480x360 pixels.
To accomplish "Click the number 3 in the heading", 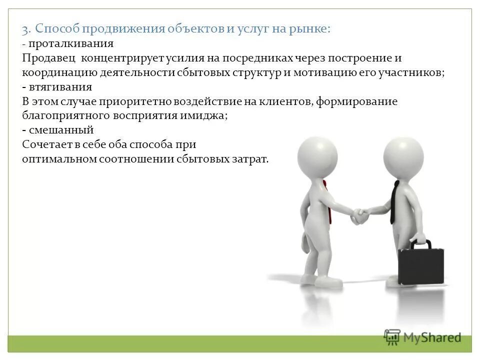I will pyautogui.click(x=25, y=29).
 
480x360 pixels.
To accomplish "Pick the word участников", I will pyautogui.click(x=414, y=72).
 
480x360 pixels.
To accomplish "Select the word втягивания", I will pyautogui.click(x=60, y=87).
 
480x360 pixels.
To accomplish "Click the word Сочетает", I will pyautogui.click(x=46, y=145).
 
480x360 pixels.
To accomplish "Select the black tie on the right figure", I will pyautogui.click(x=394, y=202).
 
